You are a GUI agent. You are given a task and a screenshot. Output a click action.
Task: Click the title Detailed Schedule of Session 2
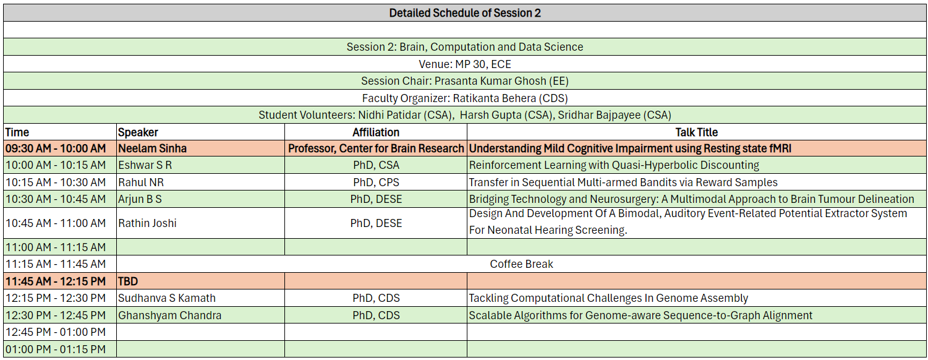465,13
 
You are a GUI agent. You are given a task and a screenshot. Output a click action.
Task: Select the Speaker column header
138,132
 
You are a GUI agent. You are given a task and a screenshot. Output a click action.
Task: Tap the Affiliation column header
376,132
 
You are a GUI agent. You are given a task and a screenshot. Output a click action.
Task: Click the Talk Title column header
696,132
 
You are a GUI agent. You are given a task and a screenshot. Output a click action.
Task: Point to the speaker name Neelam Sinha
152,148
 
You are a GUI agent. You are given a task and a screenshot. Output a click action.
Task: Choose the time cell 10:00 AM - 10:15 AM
56,165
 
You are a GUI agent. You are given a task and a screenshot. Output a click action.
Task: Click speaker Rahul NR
141,182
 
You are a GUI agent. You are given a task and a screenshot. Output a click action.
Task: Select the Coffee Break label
521,264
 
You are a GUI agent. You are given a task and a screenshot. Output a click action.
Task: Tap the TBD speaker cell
127,281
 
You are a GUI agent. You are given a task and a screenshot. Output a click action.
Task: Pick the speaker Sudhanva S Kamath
166,298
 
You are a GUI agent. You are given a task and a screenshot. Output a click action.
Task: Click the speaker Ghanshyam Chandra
169,315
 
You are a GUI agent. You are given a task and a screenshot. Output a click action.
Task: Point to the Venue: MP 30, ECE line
465,64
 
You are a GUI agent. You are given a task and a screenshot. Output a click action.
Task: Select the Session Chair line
465,81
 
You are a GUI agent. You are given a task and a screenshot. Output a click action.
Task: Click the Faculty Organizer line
465,98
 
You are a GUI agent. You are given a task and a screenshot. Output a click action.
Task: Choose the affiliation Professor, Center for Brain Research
376,148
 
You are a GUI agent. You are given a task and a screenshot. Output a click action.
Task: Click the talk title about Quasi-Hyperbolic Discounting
614,165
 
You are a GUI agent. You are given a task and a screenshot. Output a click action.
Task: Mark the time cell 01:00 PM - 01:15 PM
56,349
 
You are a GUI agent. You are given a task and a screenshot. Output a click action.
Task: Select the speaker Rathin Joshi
147,223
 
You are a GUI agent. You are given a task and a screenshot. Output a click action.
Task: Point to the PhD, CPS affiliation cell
376,182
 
